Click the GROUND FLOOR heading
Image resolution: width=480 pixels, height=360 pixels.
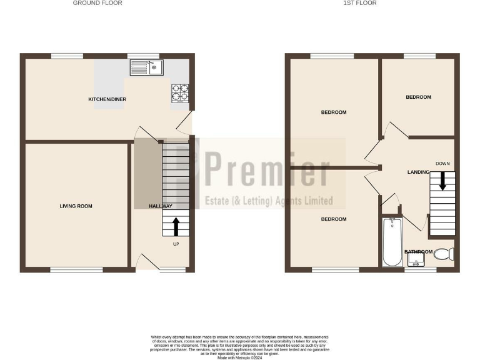pos(97,3)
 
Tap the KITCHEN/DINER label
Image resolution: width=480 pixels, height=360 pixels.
pos(107,99)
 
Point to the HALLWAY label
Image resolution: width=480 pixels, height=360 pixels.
pos(160,206)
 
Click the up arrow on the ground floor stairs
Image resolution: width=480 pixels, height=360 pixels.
pos(176,225)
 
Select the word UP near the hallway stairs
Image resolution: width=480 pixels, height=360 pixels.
pos(176,244)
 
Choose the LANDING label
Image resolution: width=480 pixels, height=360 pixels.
pos(418,172)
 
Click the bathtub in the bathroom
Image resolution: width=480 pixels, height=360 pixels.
pos(391,242)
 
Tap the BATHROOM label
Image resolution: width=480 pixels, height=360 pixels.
pos(418,252)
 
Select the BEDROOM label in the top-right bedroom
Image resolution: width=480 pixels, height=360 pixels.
pos(418,97)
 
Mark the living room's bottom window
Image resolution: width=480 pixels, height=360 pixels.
pos(76,270)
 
